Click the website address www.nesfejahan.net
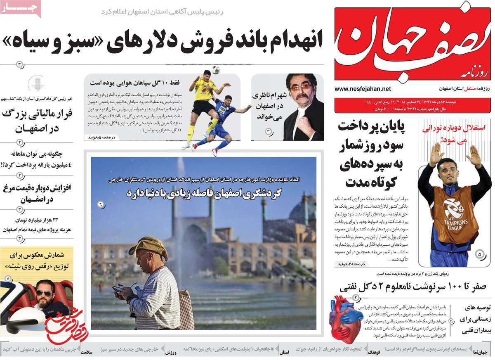click(x=363, y=89)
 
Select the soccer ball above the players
click(x=216, y=70)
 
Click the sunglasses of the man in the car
click(x=44, y=293)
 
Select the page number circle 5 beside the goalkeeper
click(x=480, y=254)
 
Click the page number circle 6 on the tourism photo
click(x=100, y=204)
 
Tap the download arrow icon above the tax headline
click(x=36, y=84)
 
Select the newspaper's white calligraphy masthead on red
click(x=412, y=43)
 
